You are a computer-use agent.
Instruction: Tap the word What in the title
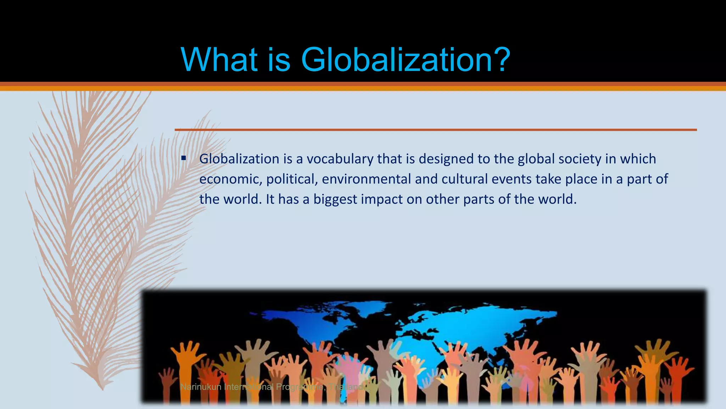pos(219,59)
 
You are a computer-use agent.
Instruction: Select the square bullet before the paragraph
pos(183,158)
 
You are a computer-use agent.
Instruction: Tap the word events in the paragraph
pos(512,179)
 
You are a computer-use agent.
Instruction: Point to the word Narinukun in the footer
pos(200,387)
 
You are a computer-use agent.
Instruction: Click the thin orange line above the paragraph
pos(436,130)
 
